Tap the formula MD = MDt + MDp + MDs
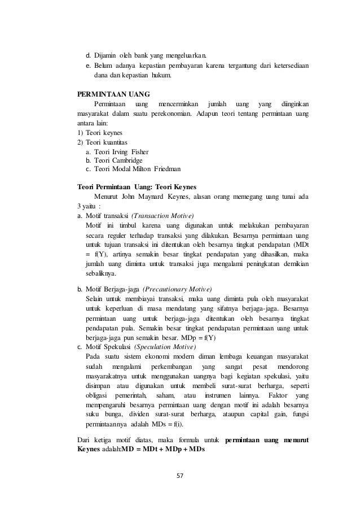click(x=163, y=450)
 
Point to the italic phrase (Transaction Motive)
click(x=163, y=216)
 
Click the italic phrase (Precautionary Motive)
click(x=177, y=289)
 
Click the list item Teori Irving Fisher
click(x=121, y=152)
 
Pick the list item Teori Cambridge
click(x=118, y=160)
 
